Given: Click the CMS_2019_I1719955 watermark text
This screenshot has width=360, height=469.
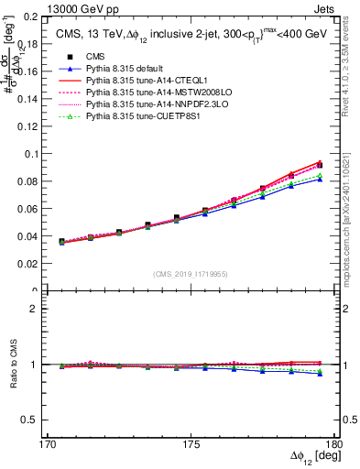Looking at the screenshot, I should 191,274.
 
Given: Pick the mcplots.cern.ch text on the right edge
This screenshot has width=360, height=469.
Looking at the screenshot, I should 352,220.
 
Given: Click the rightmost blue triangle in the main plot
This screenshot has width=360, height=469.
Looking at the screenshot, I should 320,179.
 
